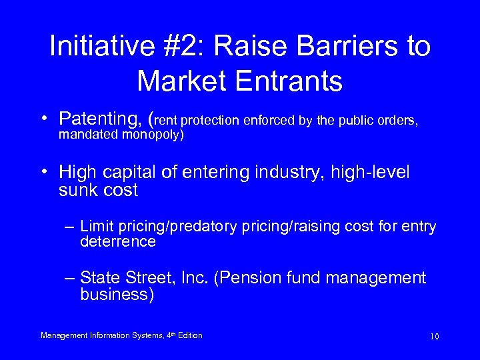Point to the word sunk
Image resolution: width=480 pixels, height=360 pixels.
(x=78, y=190)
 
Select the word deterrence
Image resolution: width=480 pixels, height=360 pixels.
(x=118, y=242)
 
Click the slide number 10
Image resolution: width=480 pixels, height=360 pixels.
(x=434, y=336)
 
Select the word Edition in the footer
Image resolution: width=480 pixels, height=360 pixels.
(x=189, y=335)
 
